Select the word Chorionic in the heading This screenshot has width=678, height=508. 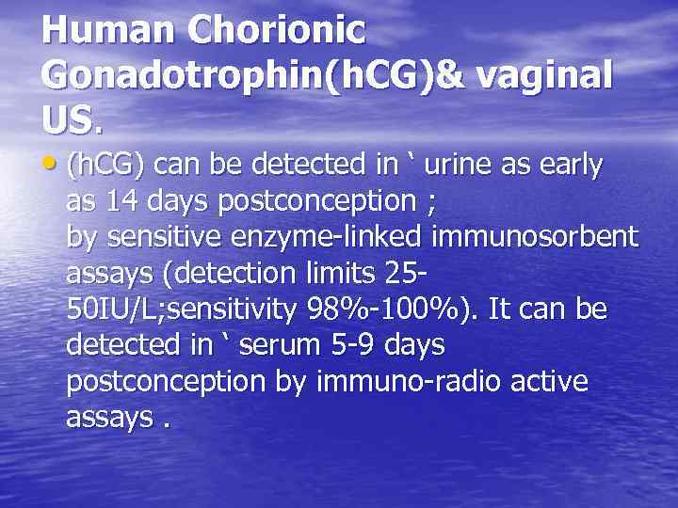tap(277, 30)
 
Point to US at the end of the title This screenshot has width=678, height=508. tap(67, 119)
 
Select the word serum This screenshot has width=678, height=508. tap(281, 346)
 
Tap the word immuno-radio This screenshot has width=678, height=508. tap(395, 382)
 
